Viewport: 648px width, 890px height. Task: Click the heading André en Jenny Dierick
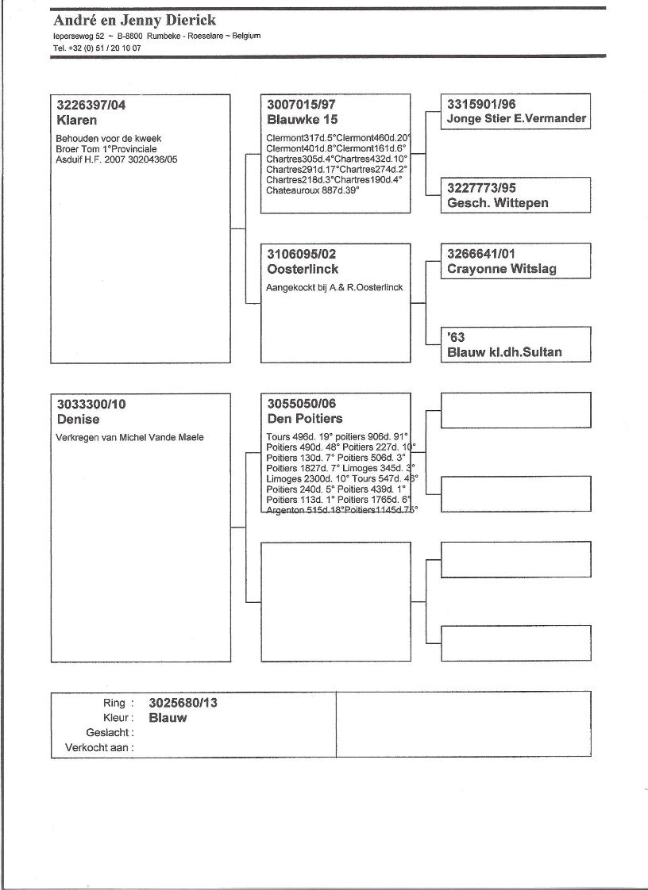(134, 21)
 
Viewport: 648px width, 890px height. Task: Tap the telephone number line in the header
(97, 48)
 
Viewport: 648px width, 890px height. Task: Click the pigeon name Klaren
(76, 121)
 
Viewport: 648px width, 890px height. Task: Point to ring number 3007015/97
(301, 105)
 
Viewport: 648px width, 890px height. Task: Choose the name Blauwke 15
(303, 120)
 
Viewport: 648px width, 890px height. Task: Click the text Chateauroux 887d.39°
(312, 190)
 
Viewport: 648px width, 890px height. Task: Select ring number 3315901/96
(481, 104)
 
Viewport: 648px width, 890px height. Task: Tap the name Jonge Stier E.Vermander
(516, 119)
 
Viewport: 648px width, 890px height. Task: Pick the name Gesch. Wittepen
(498, 203)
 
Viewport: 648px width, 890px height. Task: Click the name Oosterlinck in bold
(303, 270)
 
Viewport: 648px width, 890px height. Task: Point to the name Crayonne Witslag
(502, 269)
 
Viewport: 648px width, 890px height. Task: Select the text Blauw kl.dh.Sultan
(504, 352)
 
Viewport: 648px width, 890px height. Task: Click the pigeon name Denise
(79, 419)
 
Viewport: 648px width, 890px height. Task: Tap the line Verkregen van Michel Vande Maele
(129, 437)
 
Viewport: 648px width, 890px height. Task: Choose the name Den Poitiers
(305, 419)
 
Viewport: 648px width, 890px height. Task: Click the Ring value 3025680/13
(182, 703)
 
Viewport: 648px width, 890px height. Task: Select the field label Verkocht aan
(99, 747)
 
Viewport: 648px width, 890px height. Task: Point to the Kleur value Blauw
(168, 718)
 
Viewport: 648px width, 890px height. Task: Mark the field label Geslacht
(110, 733)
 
